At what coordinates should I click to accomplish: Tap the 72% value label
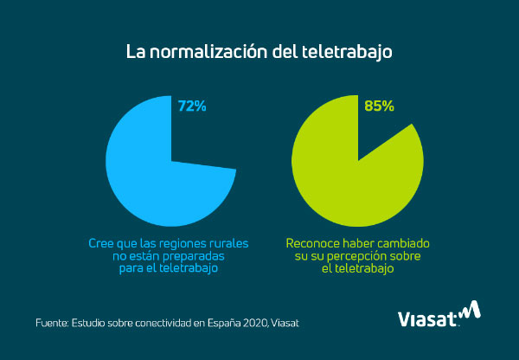coord(193,106)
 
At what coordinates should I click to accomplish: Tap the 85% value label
coord(380,106)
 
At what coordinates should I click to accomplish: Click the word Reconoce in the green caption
coord(311,245)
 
